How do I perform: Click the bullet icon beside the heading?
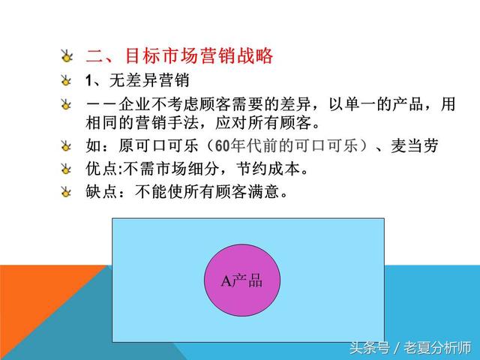pos(67,56)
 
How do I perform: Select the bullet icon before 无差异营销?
pos(67,80)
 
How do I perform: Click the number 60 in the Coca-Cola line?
pos(225,146)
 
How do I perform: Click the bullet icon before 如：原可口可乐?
pos(67,146)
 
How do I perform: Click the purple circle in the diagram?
pos(242,280)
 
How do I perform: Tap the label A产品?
pos(242,281)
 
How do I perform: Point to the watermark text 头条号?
pos(367,347)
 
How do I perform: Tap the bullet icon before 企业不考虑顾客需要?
pos(67,104)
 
